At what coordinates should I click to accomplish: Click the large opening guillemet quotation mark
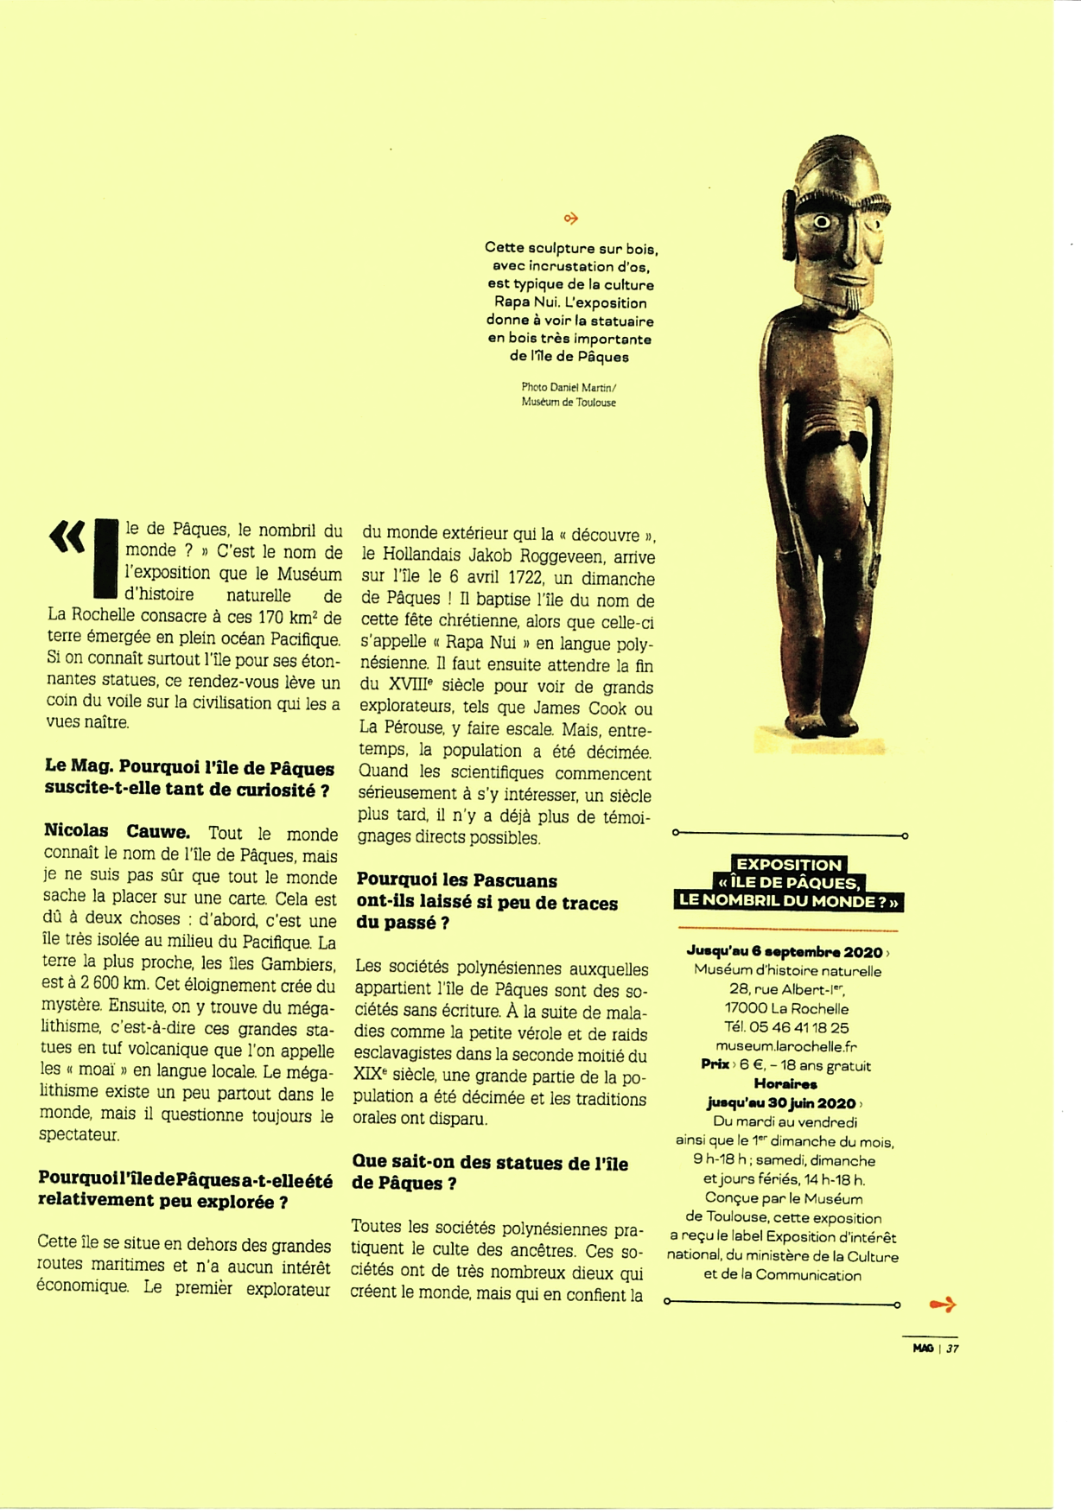click(67, 537)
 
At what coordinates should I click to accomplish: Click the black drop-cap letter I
click(105, 558)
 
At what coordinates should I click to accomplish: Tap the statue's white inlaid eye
click(822, 223)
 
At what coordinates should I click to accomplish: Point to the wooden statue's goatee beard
click(852, 299)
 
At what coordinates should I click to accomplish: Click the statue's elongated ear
click(789, 222)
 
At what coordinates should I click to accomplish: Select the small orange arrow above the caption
click(570, 219)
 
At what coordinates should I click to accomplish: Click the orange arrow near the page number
click(942, 1305)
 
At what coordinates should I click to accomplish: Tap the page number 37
click(952, 1349)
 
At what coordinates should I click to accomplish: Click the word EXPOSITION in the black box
click(788, 865)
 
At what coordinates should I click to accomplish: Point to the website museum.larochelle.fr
click(786, 1046)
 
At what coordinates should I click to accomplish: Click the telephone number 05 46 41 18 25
click(800, 1027)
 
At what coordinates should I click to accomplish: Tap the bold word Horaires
click(785, 1083)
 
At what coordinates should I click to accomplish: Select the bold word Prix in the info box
click(715, 1065)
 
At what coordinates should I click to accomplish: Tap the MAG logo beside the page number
click(923, 1349)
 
